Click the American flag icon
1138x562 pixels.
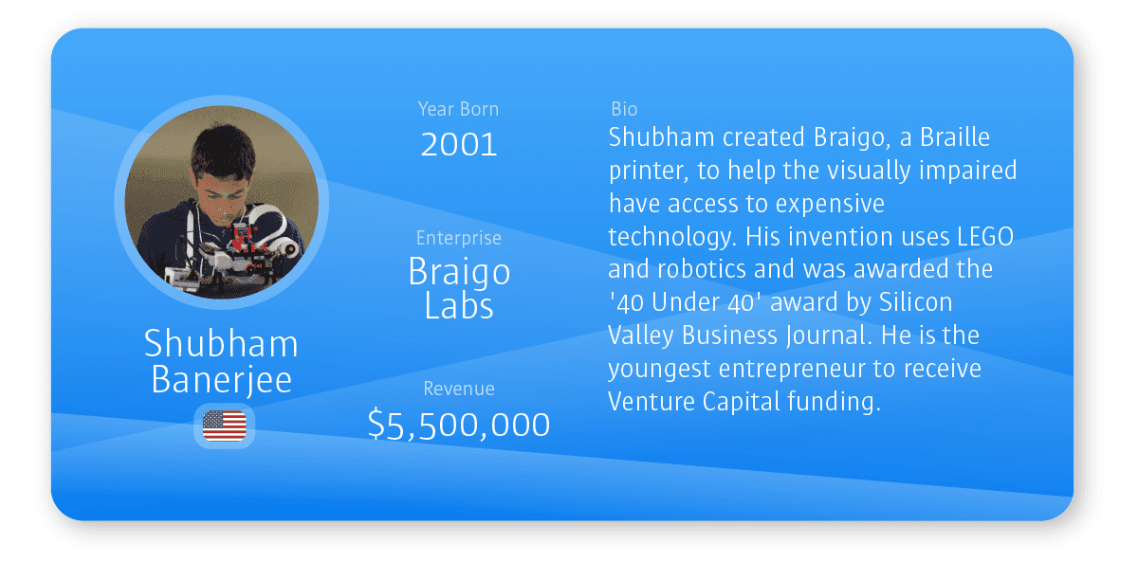pos(224,426)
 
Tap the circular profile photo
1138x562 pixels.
pos(222,202)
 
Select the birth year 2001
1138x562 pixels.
pos(459,145)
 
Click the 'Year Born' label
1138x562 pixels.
pos(458,109)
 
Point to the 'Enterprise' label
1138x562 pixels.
pos(459,238)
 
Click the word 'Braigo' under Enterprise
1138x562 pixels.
pos(459,273)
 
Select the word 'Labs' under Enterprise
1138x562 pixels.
pos(459,306)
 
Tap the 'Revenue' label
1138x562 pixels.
pos(459,389)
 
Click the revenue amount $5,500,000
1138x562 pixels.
pos(459,425)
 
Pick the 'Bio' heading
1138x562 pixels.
pos(624,109)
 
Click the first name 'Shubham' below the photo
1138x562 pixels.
pos(222,344)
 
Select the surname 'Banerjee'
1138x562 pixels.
pos(222,380)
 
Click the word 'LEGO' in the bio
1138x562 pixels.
pos(985,237)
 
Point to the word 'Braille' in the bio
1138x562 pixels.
pos(955,137)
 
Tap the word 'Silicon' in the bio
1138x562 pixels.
pos(915,302)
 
